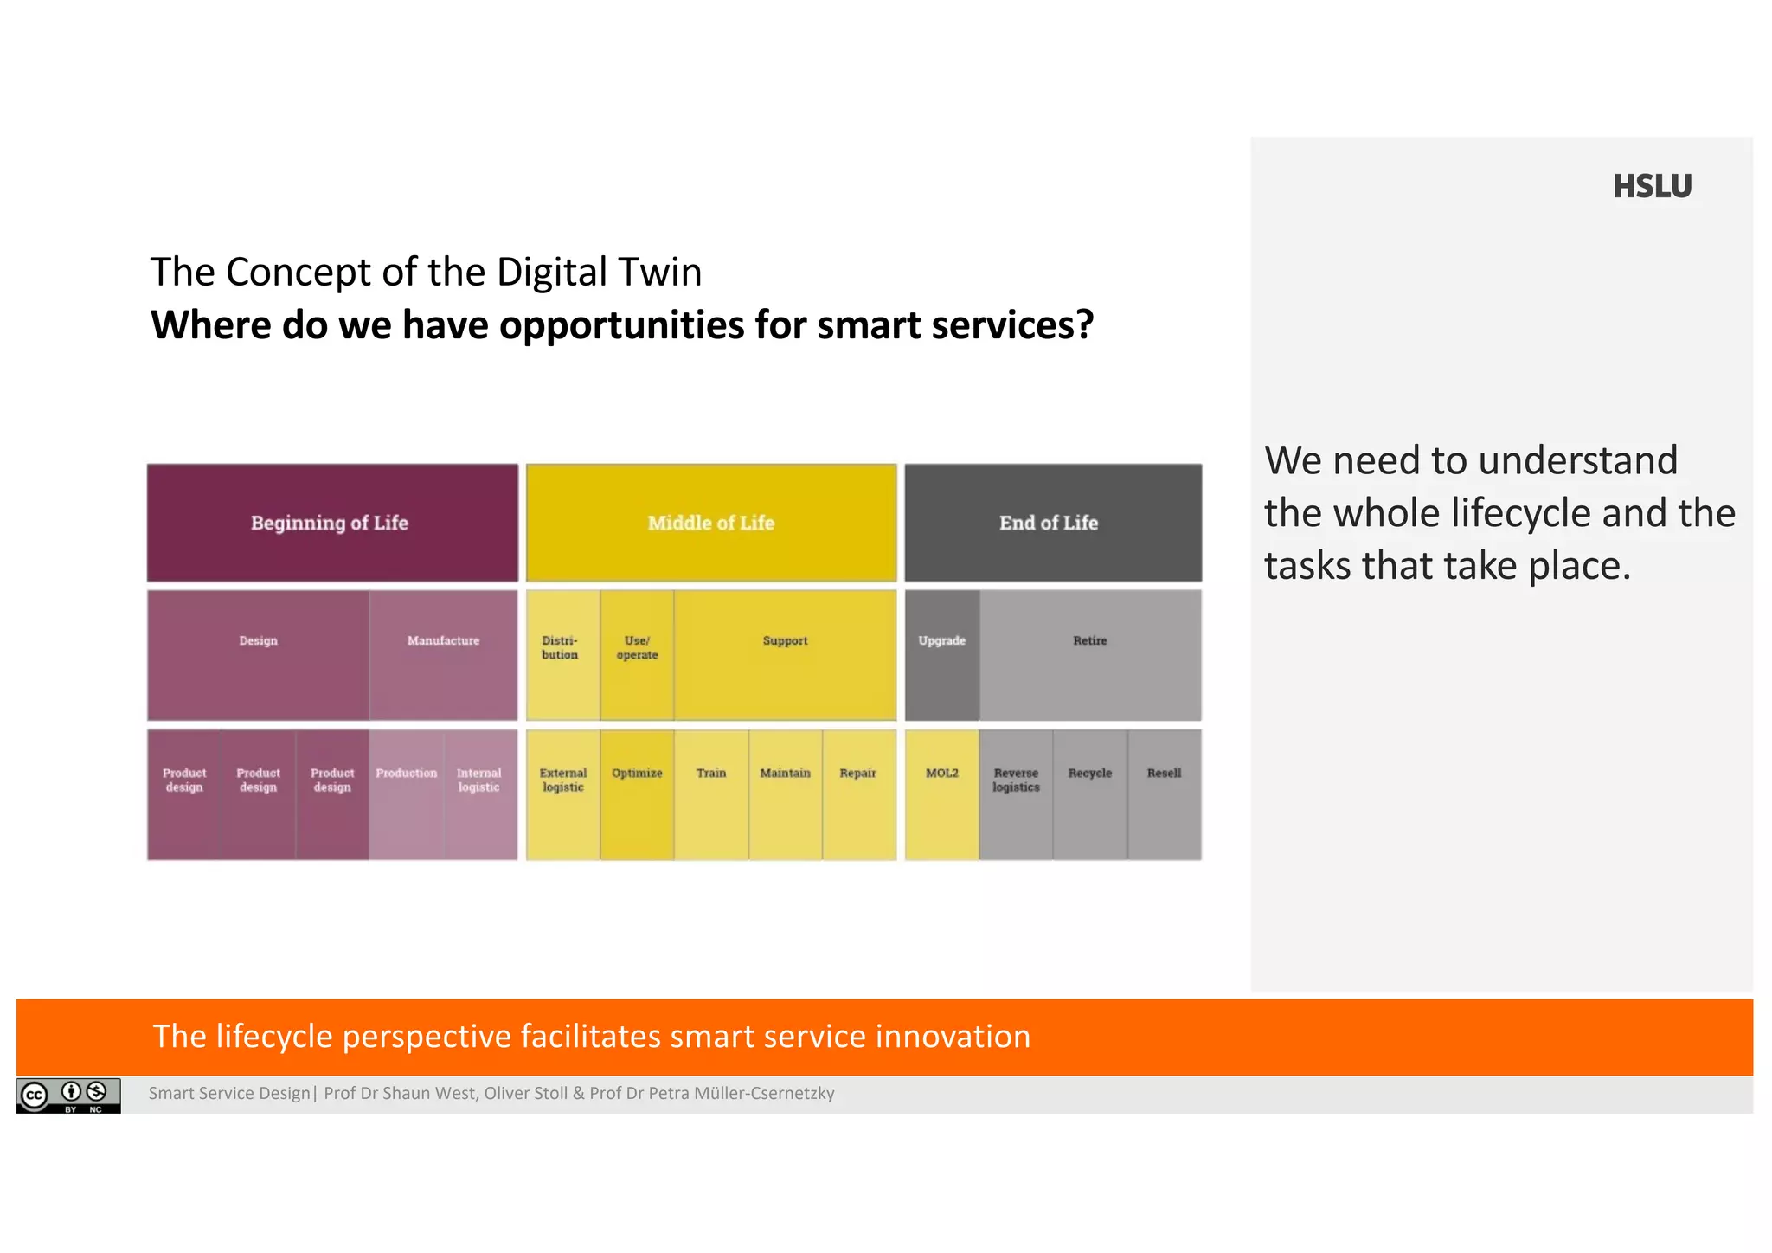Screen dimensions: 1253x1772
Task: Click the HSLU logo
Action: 1651,186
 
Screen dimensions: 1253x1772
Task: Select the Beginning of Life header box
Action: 332,523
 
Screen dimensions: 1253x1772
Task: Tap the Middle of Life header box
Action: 710,523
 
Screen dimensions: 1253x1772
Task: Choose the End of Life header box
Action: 1052,523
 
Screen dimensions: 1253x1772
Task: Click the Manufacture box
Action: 443,655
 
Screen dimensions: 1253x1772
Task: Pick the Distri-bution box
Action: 562,655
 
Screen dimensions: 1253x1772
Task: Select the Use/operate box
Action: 637,655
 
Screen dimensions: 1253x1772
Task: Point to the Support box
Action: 785,655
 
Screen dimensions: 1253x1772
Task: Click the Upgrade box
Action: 941,655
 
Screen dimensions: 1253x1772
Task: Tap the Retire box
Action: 1089,655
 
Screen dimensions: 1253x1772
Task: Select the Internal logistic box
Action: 479,794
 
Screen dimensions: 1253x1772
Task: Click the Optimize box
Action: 637,794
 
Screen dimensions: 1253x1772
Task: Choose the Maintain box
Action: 785,794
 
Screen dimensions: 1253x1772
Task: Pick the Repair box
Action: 858,794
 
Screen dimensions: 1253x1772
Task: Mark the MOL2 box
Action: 941,794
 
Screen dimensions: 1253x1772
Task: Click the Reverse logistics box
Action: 1016,794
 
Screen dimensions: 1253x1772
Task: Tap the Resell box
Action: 1164,794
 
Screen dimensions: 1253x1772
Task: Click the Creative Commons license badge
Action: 68,1095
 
